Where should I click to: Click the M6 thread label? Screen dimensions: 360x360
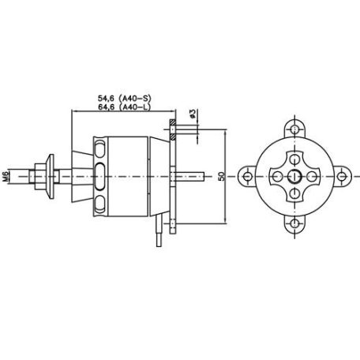[6, 177]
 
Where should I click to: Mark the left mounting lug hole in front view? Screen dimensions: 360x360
[246, 178]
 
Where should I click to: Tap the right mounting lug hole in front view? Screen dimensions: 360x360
[343, 178]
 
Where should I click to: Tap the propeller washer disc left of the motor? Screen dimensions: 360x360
[51, 177]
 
